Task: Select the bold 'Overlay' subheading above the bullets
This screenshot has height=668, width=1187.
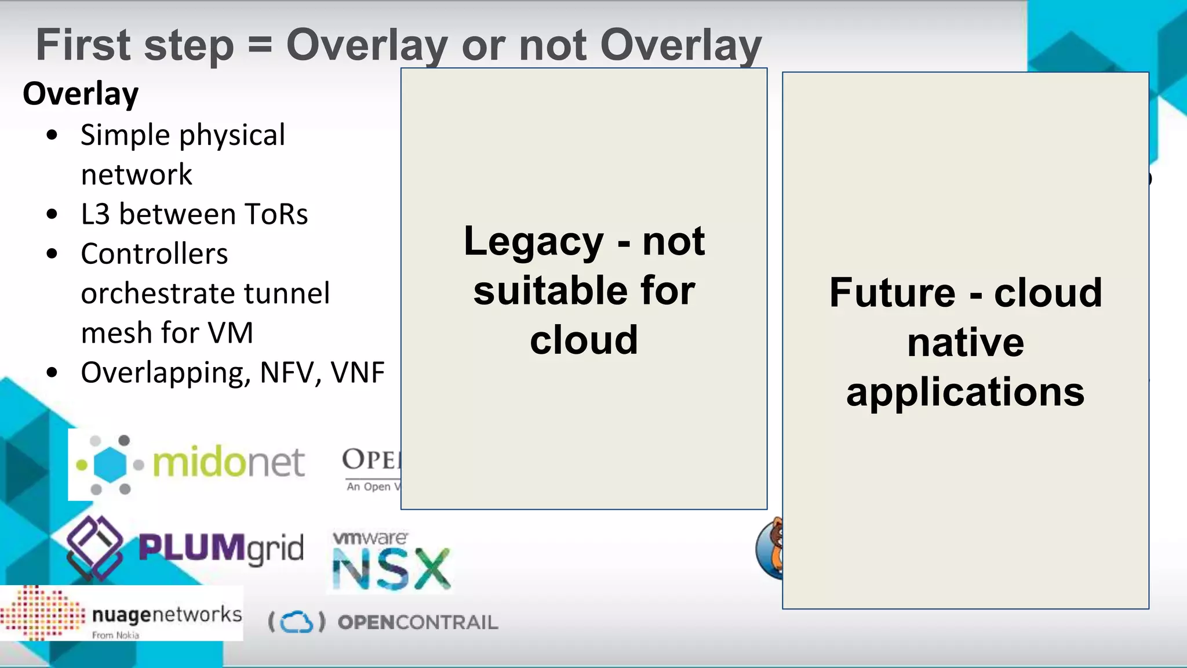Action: (81, 94)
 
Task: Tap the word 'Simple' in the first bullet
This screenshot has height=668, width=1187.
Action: (126, 136)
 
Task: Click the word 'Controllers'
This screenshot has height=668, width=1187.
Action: (154, 254)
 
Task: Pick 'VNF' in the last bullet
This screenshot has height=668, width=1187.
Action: (358, 373)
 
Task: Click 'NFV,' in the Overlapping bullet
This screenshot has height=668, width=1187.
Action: (290, 373)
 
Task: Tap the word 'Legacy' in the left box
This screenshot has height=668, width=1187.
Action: (533, 241)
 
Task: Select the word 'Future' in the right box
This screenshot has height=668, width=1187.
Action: (892, 293)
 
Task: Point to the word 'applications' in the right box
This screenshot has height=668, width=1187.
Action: (965, 393)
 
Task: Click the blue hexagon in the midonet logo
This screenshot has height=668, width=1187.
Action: (110, 464)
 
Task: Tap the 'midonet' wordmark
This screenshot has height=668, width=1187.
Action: (228, 463)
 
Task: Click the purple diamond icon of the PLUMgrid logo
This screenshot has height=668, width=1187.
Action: (94, 547)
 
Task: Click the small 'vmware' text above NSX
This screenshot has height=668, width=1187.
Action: (370, 538)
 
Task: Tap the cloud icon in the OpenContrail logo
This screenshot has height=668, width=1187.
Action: (297, 622)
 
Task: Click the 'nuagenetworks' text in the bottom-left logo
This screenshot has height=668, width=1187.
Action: (167, 614)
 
